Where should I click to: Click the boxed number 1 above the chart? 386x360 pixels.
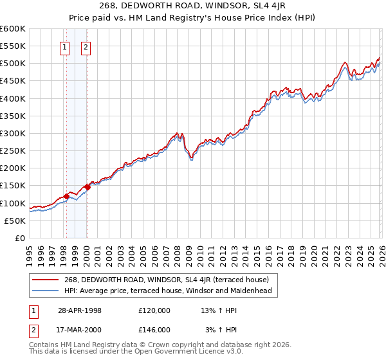coord(66,46)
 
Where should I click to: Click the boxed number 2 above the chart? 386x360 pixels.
coord(86,46)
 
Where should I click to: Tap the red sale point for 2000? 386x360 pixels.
coord(87,187)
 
